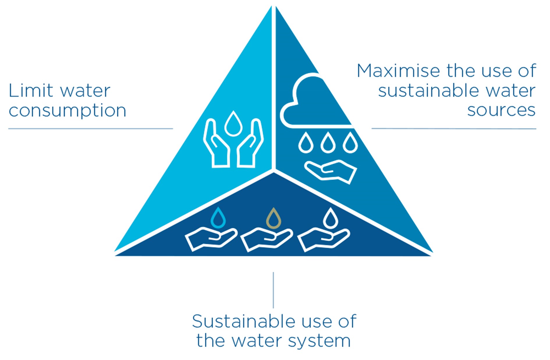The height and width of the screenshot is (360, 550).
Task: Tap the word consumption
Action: (x=68, y=111)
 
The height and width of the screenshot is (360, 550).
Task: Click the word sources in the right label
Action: (x=501, y=110)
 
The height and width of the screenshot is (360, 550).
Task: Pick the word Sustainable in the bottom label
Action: (x=244, y=321)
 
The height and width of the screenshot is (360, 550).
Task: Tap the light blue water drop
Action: (x=218, y=218)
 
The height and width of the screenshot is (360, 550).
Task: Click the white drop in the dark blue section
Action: (x=330, y=218)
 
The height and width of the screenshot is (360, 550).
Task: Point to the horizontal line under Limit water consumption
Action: (x=91, y=129)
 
